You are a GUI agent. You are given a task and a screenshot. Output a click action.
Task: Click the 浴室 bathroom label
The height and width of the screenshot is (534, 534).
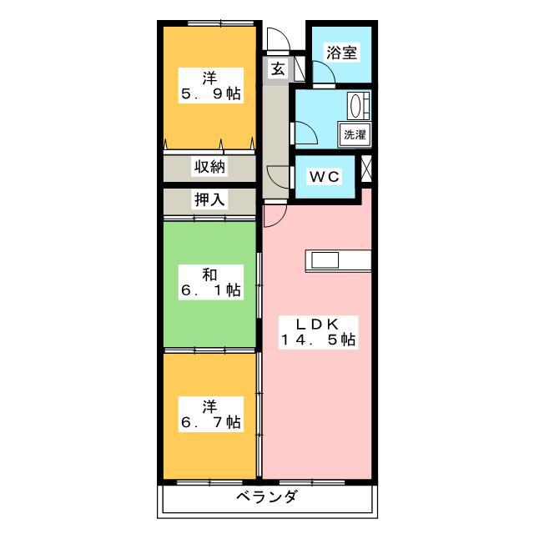[341, 53]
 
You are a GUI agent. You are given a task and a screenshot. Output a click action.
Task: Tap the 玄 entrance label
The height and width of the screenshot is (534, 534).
[278, 69]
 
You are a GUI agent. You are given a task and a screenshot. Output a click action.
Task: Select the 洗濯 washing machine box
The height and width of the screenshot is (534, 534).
[355, 135]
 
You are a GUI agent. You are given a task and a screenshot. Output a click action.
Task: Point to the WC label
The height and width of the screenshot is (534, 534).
[325, 176]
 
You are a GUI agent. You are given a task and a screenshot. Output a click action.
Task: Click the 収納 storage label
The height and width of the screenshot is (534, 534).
[209, 167]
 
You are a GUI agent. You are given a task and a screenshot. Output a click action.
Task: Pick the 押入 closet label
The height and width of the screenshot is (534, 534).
[209, 199]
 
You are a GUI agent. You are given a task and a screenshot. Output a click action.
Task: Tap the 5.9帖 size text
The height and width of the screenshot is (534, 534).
[211, 93]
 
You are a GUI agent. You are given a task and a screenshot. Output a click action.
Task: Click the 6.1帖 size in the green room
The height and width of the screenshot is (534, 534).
[211, 290]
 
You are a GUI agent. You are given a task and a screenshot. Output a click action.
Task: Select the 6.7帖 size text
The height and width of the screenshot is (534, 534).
[211, 422]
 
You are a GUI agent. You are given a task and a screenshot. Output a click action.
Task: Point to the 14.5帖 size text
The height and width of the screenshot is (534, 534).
[318, 340]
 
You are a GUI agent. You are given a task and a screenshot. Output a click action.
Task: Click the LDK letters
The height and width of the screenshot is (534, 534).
[317, 325]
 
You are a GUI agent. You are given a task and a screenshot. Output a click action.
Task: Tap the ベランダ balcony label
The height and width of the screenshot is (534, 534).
[267, 497]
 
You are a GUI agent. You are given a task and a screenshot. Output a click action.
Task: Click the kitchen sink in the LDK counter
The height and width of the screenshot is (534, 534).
[325, 260]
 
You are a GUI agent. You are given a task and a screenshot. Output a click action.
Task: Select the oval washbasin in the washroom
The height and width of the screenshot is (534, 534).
[355, 105]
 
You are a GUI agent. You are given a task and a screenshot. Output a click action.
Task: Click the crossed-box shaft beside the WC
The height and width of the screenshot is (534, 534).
[366, 169]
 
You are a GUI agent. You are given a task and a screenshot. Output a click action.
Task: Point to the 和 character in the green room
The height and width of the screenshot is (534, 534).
[209, 275]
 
